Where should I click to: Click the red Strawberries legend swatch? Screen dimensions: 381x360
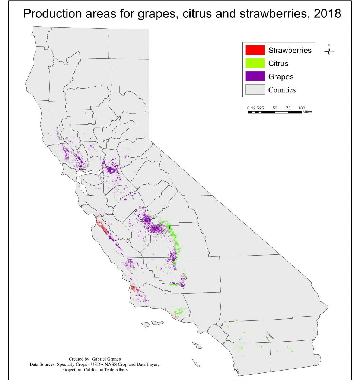[x=255, y=50]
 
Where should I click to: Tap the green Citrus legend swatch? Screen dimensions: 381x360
[x=255, y=63]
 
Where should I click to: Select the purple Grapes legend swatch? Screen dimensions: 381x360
[x=255, y=76]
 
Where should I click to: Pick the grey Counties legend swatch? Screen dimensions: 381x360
[x=255, y=89]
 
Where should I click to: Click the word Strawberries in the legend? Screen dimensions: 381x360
[x=290, y=50]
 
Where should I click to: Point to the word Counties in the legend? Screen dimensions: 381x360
[x=282, y=90]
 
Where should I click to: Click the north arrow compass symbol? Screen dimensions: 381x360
[x=329, y=51]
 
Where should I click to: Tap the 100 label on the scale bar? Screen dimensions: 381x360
[x=302, y=108]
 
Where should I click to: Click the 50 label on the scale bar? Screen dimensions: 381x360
[x=275, y=108]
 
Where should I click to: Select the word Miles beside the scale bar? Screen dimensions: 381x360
[x=308, y=112]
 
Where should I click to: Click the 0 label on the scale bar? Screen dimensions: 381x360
[x=248, y=108]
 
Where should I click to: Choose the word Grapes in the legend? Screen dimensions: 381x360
[x=281, y=77]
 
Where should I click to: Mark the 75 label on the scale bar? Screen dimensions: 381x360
[x=288, y=108]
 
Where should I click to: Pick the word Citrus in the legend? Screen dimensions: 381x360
[x=278, y=64]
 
